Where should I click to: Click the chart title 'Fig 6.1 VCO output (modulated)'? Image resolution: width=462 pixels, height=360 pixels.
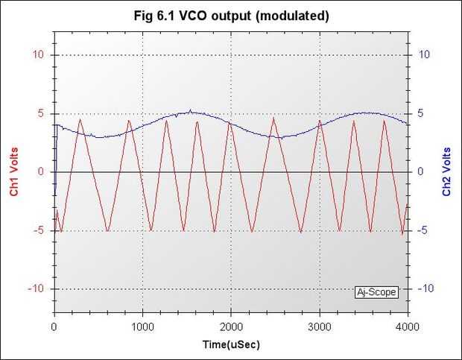(x=230, y=16)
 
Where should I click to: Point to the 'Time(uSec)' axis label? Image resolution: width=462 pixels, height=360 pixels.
(x=231, y=345)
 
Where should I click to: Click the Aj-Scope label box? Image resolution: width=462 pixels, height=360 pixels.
(x=376, y=292)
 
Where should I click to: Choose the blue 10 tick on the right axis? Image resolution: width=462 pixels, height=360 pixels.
(x=423, y=55)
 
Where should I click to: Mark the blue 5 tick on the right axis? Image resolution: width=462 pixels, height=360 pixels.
(x=421, y=113)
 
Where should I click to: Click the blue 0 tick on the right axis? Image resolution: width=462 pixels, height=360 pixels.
(x=421, y=172)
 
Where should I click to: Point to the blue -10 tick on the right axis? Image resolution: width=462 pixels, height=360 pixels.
(x=425, y=288)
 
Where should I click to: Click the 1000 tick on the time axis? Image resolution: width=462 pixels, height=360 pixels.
(x=143, y=326)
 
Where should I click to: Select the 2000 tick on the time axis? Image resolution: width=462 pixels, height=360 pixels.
(x=231, y=326)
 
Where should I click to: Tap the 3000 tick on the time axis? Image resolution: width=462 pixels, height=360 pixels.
(x=320, y=326)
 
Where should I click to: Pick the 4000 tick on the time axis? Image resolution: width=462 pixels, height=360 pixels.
(x=408, y=326)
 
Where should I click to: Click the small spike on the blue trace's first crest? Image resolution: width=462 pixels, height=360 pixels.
(x=190, y=110)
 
